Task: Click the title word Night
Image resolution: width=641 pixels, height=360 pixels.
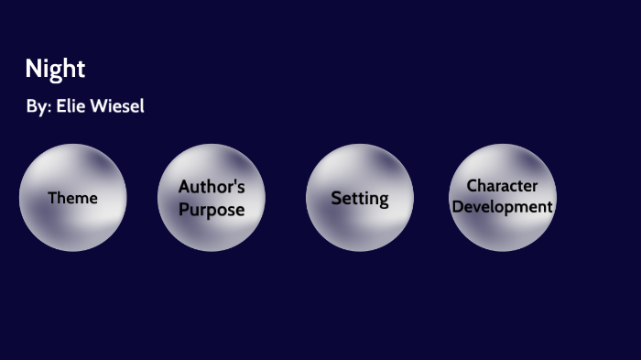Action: click(x=55, y=69)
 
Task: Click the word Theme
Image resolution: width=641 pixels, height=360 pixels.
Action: click(x=72, y=198)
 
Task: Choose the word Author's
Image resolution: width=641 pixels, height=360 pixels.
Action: click(x=212, y=187)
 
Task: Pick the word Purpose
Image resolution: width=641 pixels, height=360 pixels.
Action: click(x=212, y=210)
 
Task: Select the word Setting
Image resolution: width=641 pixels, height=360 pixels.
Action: click(x=360, y=198)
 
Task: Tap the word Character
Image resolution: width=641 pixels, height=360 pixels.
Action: click(x=502, y=186)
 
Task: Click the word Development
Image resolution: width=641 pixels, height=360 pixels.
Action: click(x=503, y=207)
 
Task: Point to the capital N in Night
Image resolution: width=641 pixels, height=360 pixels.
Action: click(x=33, y=69)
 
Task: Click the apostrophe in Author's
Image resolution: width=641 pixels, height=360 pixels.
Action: click(x=235, y=183)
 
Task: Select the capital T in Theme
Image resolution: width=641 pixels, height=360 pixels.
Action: click(x=52, y=198)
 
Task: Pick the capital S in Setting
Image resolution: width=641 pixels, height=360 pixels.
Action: click(x=336, y=198)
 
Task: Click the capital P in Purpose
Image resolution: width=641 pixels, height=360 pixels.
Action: click(x=183, y=210)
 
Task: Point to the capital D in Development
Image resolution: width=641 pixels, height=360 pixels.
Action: click(x=457, y=207)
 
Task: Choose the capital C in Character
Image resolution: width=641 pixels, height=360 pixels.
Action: click(x=473, y=186)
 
